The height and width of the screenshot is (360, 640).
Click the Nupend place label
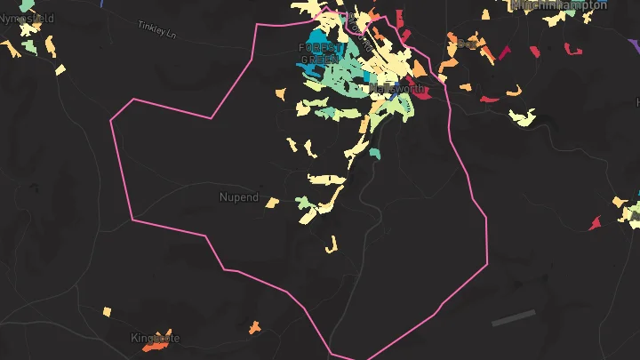[x=238, y=196]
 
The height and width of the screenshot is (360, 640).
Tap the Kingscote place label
[x=155, y=338]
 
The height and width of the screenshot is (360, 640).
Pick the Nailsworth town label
[x=396, y=90]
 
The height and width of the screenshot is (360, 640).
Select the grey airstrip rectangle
[x=514, y=317]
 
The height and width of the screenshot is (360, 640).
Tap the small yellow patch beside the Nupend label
[x=272, y=202]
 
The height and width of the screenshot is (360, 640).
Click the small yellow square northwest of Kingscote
[x=107, y=312]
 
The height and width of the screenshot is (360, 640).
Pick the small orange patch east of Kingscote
[x=255, y=327]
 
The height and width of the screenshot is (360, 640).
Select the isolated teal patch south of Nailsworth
[x=375, y=154]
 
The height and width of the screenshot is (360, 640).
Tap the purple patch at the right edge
[x=636, y=201]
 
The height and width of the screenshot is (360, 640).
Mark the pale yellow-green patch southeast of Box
[x=522, y=116]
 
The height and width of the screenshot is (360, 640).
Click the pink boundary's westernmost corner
[x=110, y=120]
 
